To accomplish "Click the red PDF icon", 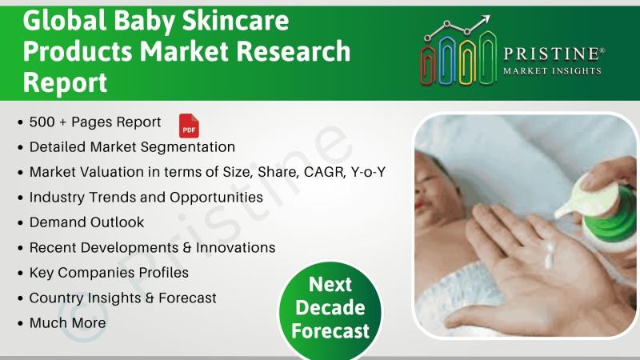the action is (x=189, y=126).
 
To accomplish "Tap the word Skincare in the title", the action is (x=235, y=22).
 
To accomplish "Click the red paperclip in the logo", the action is (x=428, y=65).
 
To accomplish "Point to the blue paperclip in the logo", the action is (x=447, y=61).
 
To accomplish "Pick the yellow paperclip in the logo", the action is (x=467, y=62).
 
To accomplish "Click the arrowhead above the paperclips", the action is (x=485, y=20).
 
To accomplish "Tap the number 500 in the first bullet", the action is (x=42, y=122).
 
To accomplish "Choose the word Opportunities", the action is (x=216, y=198).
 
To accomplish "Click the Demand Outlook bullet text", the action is (x=86, y=222).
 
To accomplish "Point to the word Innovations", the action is (x=235, y=248).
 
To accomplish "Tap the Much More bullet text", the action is (x=68, y=323).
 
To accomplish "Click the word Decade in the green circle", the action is (x=330, y=308).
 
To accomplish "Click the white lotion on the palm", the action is (x=550, y=255).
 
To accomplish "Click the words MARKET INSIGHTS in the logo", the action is (x=552, y=71).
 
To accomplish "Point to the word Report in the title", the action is (x=65, y=82).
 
